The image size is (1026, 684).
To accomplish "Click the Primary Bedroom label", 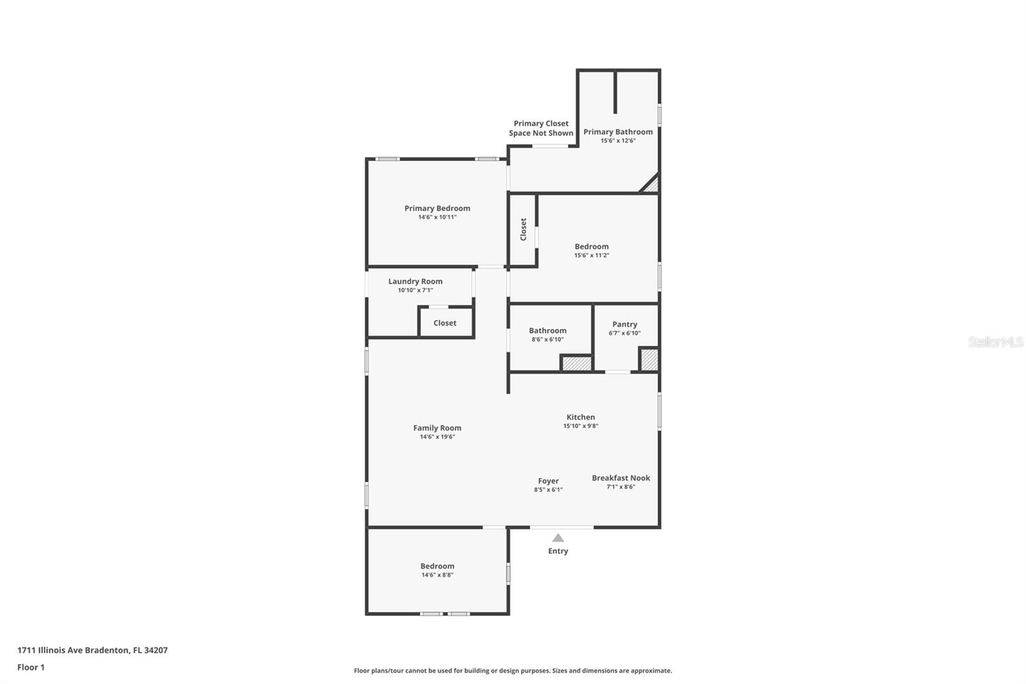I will tap(437, 208).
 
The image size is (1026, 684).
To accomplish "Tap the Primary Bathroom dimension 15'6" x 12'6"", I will tap(618, 141).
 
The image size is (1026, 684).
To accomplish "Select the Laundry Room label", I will tap(415, 281).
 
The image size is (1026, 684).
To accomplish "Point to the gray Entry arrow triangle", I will tap(558, 538).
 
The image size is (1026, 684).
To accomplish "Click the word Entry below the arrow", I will tap(558, 551).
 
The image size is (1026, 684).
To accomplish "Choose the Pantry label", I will tap(624, 324).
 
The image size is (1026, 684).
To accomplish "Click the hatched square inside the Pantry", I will tap(649, 359).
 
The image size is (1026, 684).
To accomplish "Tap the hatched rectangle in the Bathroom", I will tap(576, 363).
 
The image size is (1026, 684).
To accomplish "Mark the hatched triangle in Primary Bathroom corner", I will tap(652, 185).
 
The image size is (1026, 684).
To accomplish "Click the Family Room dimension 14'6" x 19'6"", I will tap(437, 437).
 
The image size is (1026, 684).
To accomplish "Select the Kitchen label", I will tap(580, 417).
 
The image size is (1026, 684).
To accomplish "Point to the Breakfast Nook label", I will tap(620, 478).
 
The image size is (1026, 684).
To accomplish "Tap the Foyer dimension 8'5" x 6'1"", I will tap(548, 490).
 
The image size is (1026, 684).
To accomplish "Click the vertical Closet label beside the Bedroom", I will tap(523, 229).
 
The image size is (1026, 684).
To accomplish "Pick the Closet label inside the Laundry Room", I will tap(444, 323).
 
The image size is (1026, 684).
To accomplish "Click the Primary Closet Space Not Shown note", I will tap(541, 128).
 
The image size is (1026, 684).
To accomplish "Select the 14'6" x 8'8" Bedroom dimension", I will tap(437, 575).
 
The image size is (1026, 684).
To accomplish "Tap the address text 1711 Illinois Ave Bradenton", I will tap(92, 650).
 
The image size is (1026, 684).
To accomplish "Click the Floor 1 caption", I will tap(31, 667).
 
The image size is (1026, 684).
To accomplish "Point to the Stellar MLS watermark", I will tap(995, 342).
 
